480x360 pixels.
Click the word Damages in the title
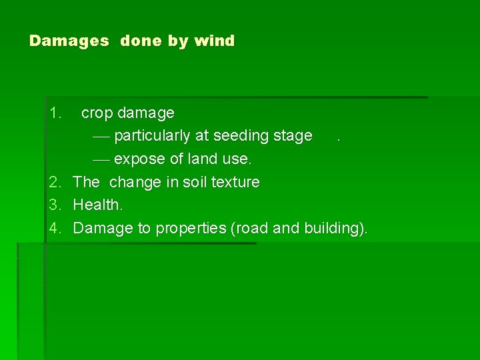(x=69, y=41)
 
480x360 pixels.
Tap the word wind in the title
(x=214, y=41)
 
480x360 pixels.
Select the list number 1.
(x=56, y=113)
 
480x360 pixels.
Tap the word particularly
(x=153, y=137)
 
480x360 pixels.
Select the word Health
(x=98, y=205)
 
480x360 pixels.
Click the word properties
(x=191, y=229)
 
